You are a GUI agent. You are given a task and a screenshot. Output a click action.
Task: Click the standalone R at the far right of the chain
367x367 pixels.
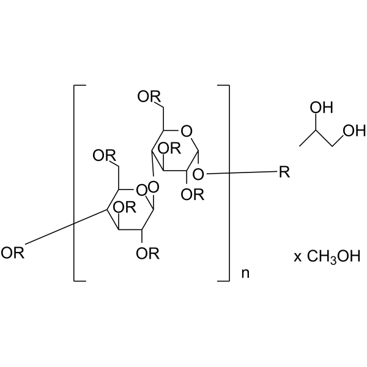pos(285,174)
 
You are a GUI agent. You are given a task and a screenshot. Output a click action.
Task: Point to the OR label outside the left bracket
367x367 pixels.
pos(13,253)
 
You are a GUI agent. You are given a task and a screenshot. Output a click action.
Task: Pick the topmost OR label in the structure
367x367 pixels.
pos(150,97)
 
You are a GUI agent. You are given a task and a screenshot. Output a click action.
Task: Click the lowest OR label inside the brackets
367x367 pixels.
pos(149,253)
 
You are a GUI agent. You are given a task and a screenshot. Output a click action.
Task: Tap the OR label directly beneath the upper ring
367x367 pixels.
pos(195,196)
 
